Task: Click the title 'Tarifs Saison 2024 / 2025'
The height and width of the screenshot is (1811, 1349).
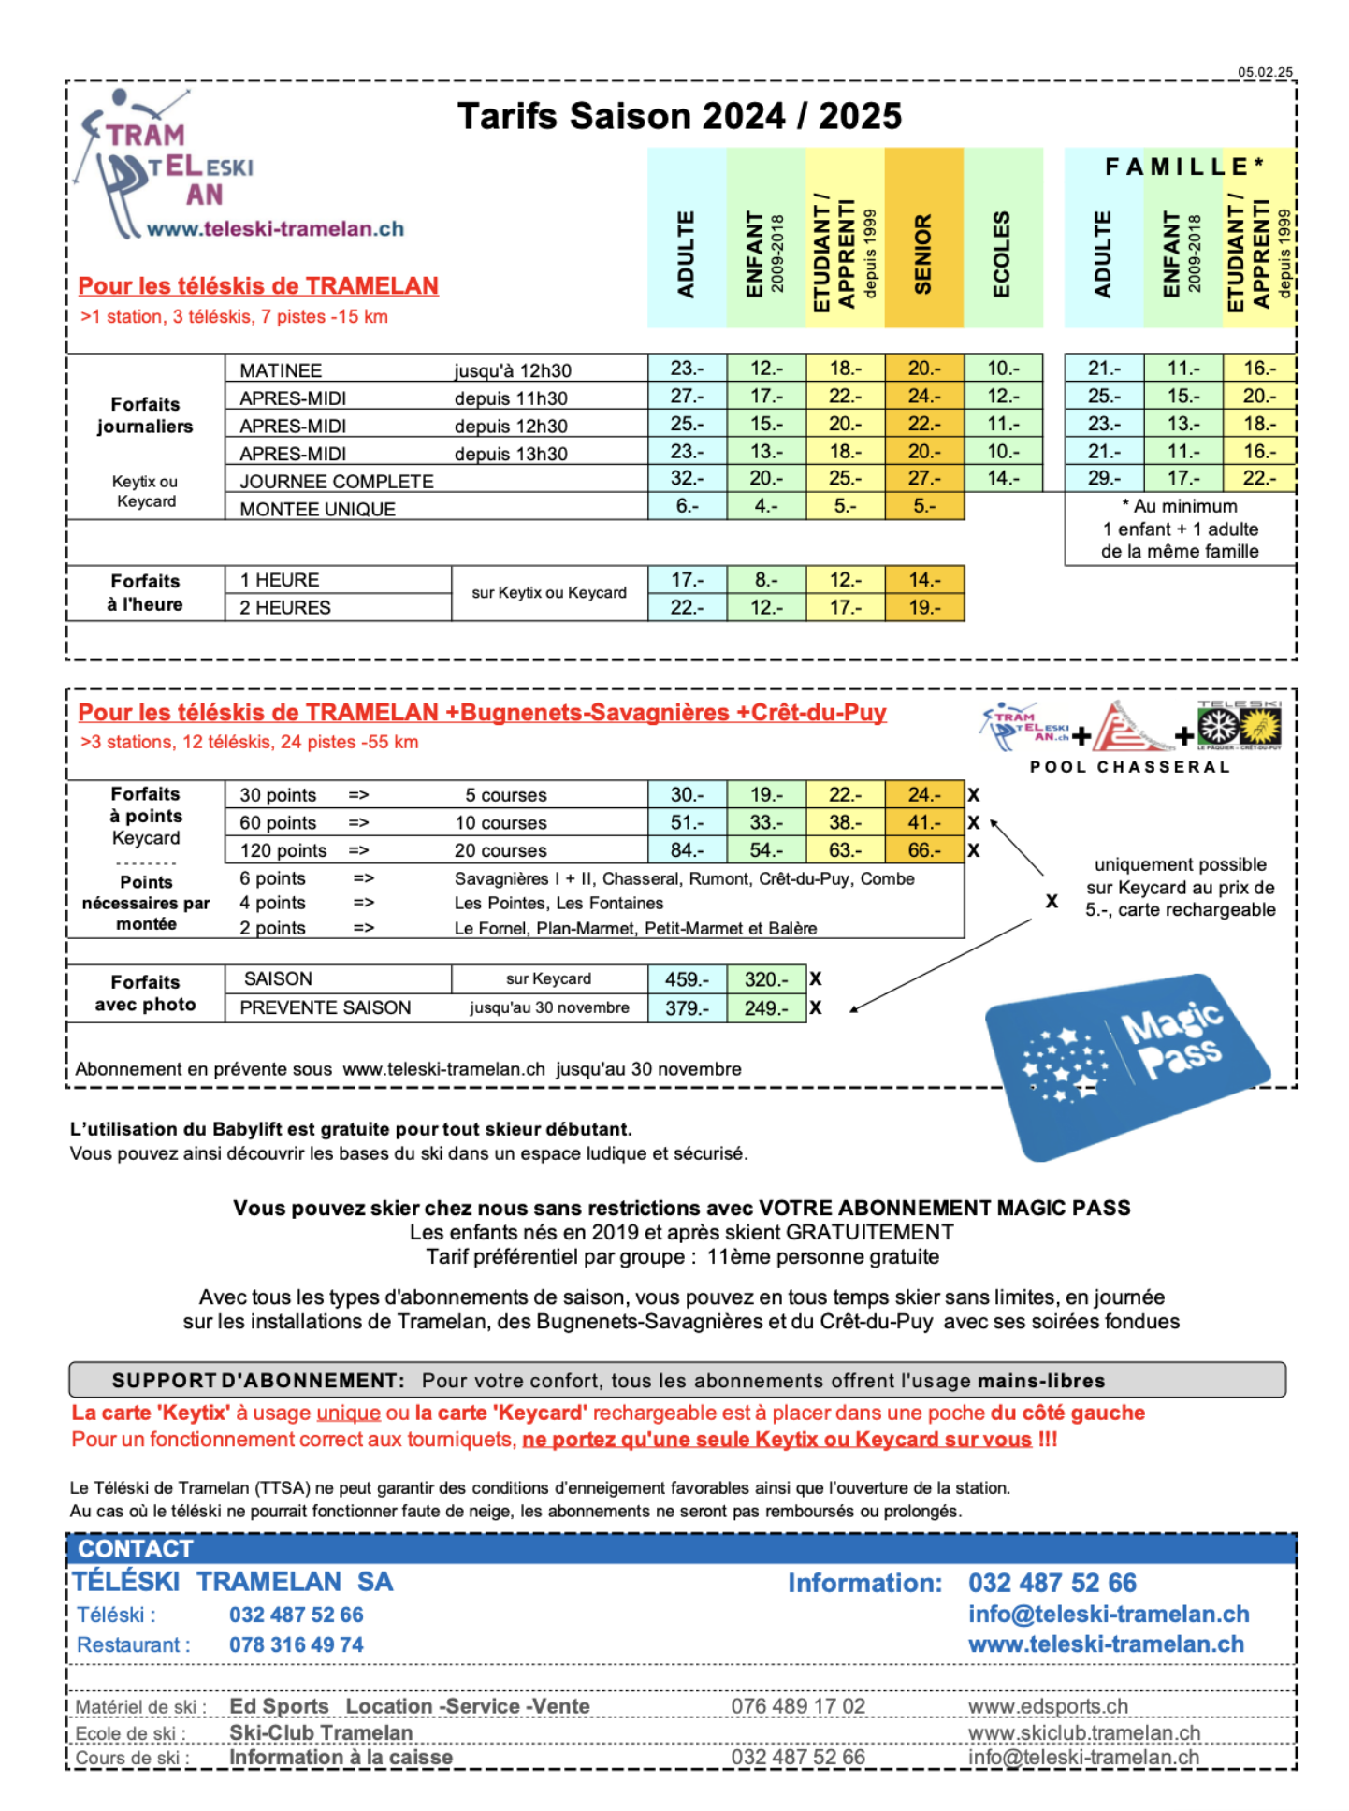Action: (x=679, y=117)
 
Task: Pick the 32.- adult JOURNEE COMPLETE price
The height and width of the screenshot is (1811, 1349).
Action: (x=687, y=478)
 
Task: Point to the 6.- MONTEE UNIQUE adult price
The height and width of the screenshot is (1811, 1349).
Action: (x=687, y=506)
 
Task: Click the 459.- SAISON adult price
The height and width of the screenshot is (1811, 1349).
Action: (x=687, y=979)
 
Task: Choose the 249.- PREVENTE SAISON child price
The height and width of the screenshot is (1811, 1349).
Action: (x=765, y=1008)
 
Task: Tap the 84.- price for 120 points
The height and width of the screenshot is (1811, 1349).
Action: (x=687, y=850)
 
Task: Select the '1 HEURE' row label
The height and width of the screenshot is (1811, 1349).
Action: (x=280, y=580)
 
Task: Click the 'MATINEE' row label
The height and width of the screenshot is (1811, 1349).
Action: (x=281, y=370)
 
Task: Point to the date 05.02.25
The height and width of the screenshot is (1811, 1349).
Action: (x=1265, y=72)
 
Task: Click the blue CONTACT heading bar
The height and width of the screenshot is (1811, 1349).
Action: (x=680, y=1548)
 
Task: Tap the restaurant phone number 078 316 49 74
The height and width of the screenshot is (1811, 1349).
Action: (x=297, y=1644)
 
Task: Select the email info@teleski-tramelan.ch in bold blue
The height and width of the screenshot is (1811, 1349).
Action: (x=1109, y=1614)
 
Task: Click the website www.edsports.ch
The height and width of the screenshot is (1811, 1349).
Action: (x=1048, y=1706)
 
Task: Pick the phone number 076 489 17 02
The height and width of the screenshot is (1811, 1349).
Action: (x=798, y=1706)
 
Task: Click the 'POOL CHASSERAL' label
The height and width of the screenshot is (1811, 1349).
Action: (x=1129, y=767)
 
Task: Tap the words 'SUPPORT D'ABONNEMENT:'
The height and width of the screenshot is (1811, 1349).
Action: (x=258, y=1381)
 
